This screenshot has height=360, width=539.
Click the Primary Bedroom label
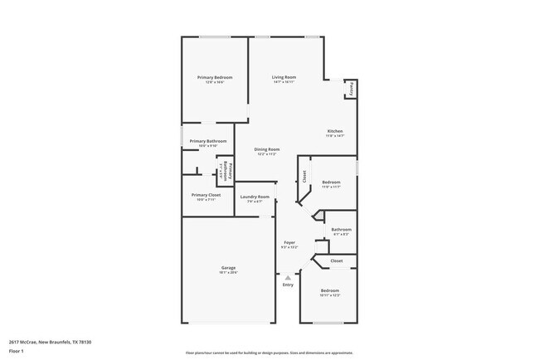point(215,77)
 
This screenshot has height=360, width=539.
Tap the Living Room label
point(284,77)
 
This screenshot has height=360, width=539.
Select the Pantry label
point(352,87)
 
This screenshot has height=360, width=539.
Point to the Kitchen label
point(335,131)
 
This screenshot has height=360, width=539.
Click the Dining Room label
point(267,149)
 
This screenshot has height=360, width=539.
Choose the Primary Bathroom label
point(208,141)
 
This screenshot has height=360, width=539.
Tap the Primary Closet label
point(208,195)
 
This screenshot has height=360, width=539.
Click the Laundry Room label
point(255,197)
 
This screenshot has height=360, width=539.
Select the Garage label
point(228,268)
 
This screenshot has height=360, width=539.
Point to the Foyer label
point(289,243)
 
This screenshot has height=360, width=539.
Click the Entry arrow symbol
point(288,277)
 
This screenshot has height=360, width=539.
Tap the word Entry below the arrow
point(288,285)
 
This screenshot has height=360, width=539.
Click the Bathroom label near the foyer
point(341,230)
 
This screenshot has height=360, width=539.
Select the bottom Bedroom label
point(330,290)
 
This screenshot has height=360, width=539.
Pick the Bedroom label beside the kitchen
point(332,182)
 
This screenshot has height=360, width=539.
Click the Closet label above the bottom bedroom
point(337,260)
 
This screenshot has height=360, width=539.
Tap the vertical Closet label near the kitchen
point(304,176)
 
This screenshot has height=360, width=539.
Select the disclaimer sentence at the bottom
point(269,353)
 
